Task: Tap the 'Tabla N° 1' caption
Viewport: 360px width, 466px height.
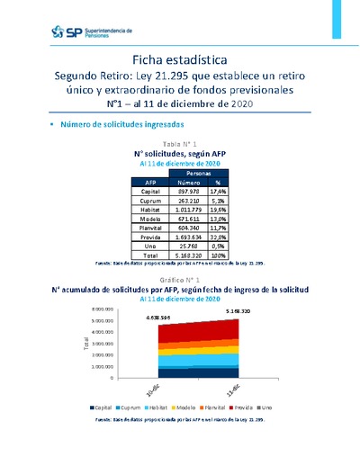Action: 179,145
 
